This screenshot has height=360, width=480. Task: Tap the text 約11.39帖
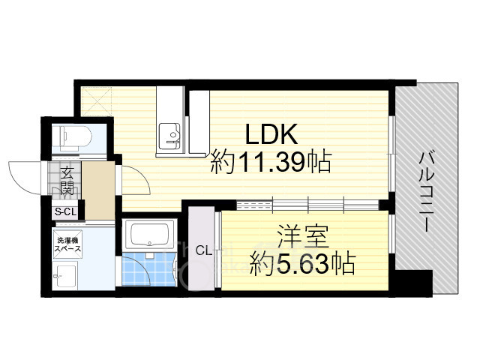pos(271,162)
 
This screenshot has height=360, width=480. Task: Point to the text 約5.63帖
pos(303,263)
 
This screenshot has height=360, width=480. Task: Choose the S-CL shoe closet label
pos(65,212)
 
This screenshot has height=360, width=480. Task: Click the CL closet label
pos(202,250)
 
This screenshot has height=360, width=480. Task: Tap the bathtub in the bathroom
pos(148,237)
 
